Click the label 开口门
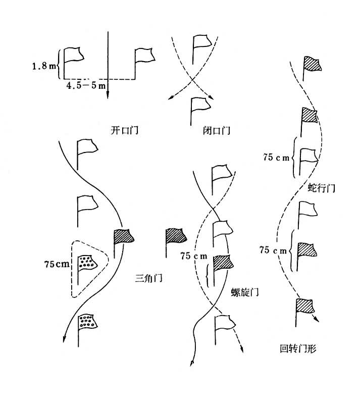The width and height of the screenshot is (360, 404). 124,130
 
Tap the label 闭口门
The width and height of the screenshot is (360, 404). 217,130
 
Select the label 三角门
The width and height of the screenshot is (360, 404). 148,278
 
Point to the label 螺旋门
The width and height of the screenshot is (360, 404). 245,292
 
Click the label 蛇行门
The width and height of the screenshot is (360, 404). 321,188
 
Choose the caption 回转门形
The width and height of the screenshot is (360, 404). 297,348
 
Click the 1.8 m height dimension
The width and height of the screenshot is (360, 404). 44,66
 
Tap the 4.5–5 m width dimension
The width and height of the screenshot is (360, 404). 86,85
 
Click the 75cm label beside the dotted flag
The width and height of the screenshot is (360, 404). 57,264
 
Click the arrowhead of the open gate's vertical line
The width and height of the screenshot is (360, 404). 108,96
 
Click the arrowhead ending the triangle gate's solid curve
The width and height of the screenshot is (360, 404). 64,339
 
